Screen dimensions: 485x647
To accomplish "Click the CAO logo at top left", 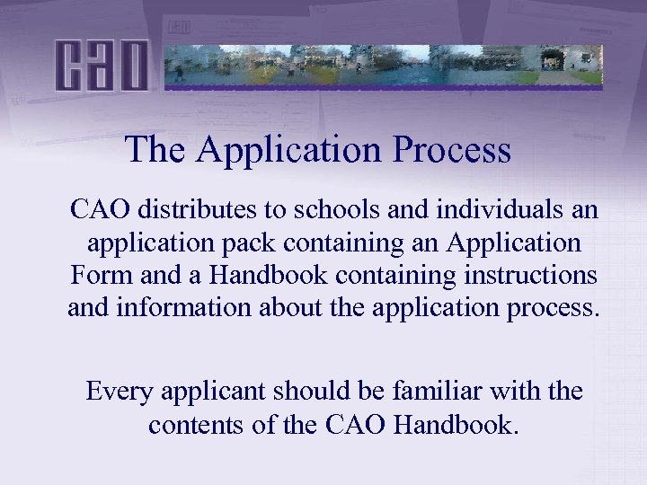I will coord(101,65).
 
